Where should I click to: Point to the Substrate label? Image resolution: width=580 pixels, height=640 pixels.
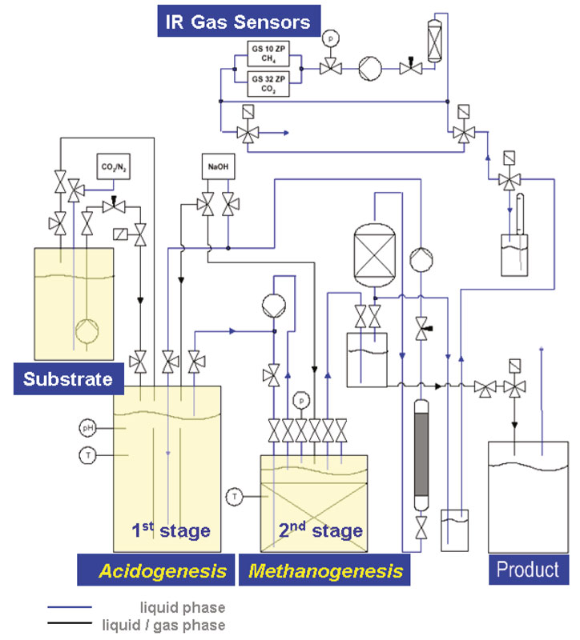point(68,378)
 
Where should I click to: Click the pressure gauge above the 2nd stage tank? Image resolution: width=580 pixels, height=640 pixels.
point(301,399)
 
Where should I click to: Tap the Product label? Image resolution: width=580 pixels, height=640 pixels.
point(527,570)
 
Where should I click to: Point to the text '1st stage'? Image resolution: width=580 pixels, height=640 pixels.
point(171,530)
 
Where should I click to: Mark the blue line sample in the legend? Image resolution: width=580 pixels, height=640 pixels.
point(69,609)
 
